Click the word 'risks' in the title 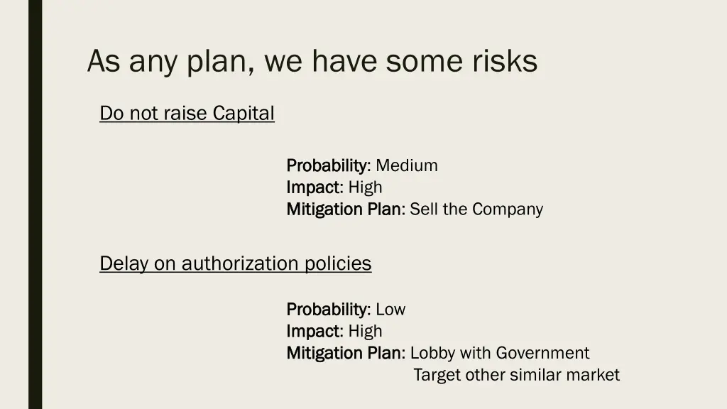[505, 61]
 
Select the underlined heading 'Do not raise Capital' [187, 113]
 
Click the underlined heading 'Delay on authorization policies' [235, 263]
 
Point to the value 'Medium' [407, 166]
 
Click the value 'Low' [390, 310]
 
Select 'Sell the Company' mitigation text [476, 209]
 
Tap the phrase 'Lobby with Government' [500, 353]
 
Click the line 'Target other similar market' [516, 375]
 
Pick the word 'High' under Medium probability [365, 187]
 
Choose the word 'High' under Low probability [365, 331]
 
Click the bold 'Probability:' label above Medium [328, 166]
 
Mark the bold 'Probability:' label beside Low [328, 310]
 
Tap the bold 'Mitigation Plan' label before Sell [344, 209]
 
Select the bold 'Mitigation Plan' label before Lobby [344, 353]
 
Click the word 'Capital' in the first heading [244, 113]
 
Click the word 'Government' [542, 353]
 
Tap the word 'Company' [508, 209]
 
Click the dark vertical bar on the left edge [35, 204]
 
